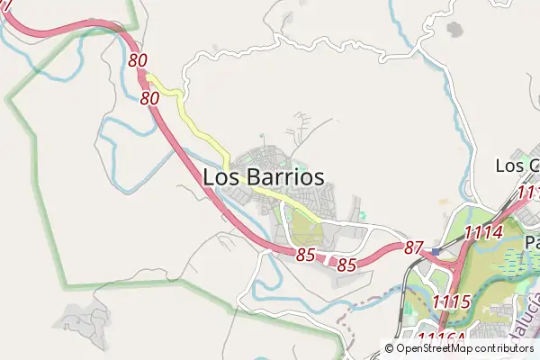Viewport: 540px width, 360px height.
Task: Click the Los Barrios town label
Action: (263, 177)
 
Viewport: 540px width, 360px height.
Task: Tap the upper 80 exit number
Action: (138, 61)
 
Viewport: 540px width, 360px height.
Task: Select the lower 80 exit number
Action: (150, 97)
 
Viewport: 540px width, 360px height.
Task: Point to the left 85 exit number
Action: (306, 255)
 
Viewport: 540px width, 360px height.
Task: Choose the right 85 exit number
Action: (347, 265)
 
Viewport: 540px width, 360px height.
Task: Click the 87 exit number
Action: (413, 247)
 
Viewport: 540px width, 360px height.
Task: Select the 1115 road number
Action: (451, 301)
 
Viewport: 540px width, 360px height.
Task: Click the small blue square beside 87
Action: (436, 251)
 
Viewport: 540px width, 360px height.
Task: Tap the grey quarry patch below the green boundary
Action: (83, 319)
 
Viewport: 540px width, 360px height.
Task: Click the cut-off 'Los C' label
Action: (517, 166)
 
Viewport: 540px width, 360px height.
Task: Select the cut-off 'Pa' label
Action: (531, 242)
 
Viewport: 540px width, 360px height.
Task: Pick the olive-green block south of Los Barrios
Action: (307, 229)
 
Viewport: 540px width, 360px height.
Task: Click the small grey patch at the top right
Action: (454, 30)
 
